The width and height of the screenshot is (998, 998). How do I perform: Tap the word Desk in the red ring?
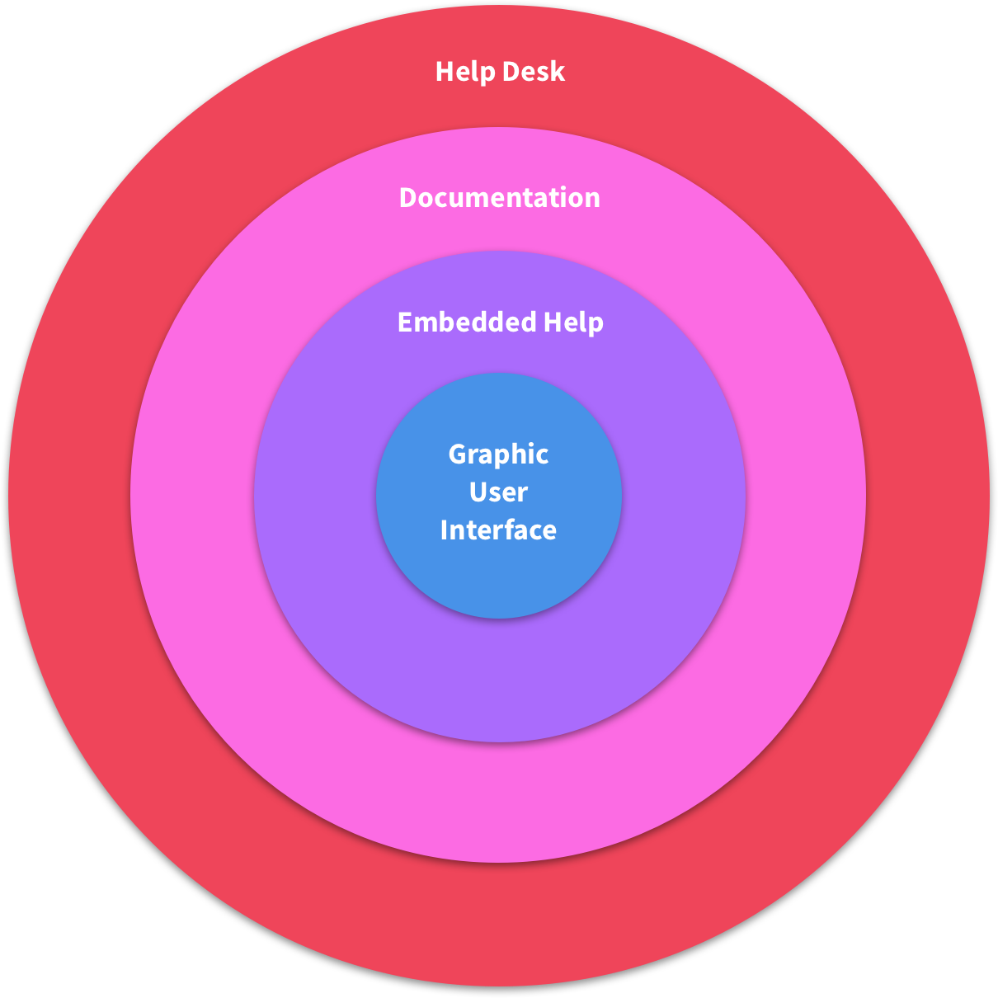pyautogui.click(x=534, y=72)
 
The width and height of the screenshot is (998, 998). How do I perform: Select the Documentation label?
pyautogui.click(x=499, y=198)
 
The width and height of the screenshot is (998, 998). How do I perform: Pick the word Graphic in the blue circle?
pyautogui.click(x=498, y=455)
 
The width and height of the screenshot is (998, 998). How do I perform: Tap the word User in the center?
pyautogui.click(x=498, y=492)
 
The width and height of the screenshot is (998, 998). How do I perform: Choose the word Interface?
pyautogui.click(x=498, y=530)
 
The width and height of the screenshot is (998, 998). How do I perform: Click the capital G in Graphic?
pyautogui.click(x=457, y=454)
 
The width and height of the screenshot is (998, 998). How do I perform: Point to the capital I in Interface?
pyautogui.click(x=444, y=530)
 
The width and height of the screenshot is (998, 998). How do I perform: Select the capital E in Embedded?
pyautogui.click(x=404, y=322)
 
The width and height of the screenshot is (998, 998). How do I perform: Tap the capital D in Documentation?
pyautogui.click(x=407, y=198)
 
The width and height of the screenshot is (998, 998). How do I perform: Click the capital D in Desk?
pyautogui.click(x=511, y=72)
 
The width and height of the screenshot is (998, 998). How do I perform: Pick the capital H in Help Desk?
pyautogui.click(x=444, y=72)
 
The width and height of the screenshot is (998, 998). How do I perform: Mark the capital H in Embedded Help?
pyautogui.click(x=551, y=322)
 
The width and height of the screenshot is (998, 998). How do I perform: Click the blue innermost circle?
pyautogui.click(x=499, y=577)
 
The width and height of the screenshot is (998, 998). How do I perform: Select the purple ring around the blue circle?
pyautogui.click(x=499, y=676)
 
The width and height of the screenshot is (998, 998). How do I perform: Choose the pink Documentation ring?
pyautogui.click(x=499, y=800)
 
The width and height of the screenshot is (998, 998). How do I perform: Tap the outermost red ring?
pyautogui.click(x=499, y=924)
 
